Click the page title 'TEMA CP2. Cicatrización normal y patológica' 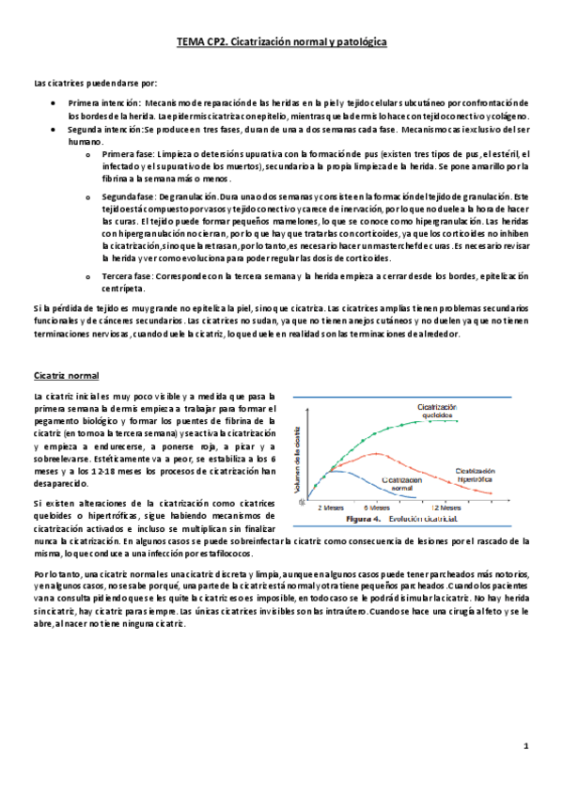(x=281, y=42)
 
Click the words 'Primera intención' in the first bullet (x=103, y=102)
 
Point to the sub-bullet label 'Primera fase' (x=129, y=154)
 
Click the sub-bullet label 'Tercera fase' (x=129, y=277)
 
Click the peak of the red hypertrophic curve (x=376, y=453)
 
